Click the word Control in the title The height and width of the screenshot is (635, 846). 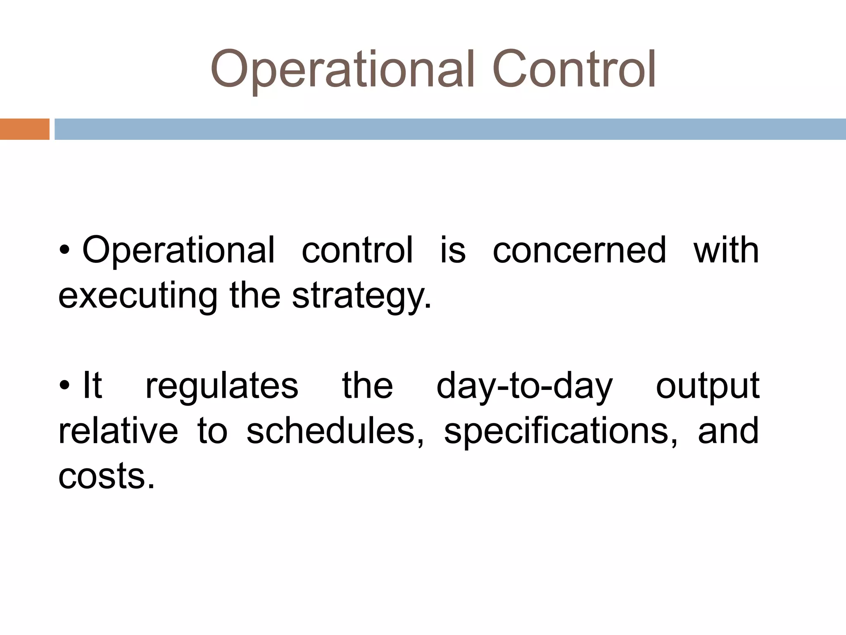pos(574,69)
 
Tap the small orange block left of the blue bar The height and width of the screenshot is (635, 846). pos(24,129)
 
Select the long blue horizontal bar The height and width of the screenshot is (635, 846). pos(450,129)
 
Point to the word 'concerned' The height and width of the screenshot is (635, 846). pos(580,251)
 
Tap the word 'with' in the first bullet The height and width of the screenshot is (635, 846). pos(726,251)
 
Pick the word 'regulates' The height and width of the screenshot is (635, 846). pos(222,386)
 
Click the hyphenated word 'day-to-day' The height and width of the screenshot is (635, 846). pos(524,386)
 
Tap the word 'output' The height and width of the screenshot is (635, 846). pos(708,386)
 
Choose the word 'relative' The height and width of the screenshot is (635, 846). pos(118,431)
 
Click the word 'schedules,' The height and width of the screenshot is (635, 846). pos(335,431)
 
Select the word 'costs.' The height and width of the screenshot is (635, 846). pos(107,476)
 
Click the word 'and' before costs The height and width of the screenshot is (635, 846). pos(728,431)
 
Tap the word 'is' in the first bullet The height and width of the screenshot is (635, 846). pos(453,251)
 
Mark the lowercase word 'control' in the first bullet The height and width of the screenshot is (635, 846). pos(357,251)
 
